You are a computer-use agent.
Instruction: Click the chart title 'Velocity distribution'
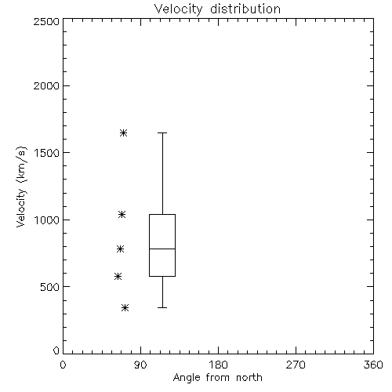217,9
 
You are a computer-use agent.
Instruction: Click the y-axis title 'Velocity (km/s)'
21,187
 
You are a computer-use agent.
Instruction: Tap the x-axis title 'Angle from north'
217,378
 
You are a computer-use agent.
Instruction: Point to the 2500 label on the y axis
46,21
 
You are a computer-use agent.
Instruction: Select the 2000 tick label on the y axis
46,86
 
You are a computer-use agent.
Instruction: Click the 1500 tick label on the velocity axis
47,153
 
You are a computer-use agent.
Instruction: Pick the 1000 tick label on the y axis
47,220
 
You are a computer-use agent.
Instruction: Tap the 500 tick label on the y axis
50,287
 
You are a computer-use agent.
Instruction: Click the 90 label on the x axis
140,365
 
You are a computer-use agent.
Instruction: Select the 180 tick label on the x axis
218,365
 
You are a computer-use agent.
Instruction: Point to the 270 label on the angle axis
296,365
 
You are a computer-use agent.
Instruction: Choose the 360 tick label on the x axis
373,365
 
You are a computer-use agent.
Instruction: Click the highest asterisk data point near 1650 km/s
124,133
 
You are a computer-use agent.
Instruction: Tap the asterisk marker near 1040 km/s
122,215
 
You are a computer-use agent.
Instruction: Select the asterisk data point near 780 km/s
120,249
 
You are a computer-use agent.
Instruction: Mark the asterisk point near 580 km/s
118,276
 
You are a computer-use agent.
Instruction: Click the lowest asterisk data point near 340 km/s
125,308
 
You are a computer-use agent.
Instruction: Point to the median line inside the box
162,249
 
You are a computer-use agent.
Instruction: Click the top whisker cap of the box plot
162,132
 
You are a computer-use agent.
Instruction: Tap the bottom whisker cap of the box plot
162,307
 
